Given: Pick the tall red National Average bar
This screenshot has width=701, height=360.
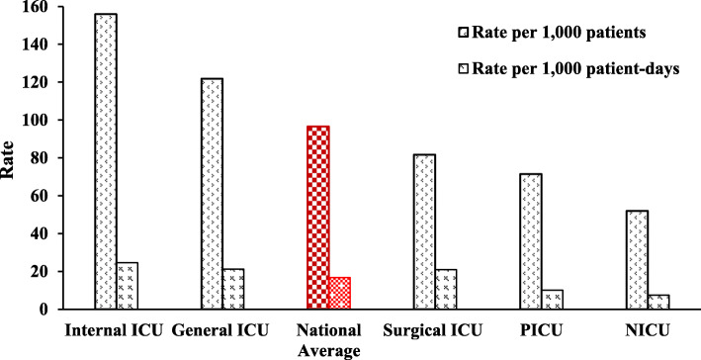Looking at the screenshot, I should click(x=316, y=218).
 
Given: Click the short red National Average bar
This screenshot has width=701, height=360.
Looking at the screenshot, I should click(x=339, y=293).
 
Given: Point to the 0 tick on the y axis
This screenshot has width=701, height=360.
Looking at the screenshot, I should click(x=42, y=310).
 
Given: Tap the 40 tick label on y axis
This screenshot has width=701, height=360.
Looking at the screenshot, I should click(x=38, y=234).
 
